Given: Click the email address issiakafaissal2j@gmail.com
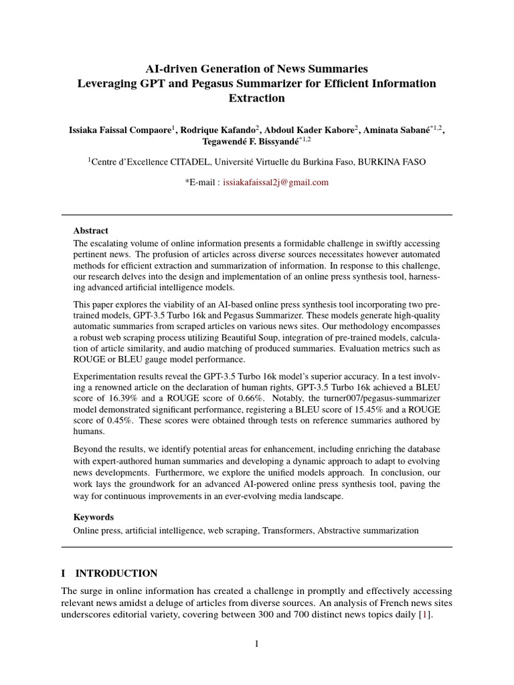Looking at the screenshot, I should click(276, 182).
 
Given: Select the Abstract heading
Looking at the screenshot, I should click(90, 231).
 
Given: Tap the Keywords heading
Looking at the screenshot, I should click(93, 517).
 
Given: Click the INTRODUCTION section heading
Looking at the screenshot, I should click(116, 573).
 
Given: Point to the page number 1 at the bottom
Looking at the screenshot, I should click(256, 644).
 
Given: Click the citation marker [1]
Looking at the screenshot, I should click(423, 615).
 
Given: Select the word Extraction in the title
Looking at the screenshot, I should click(256, 98).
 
